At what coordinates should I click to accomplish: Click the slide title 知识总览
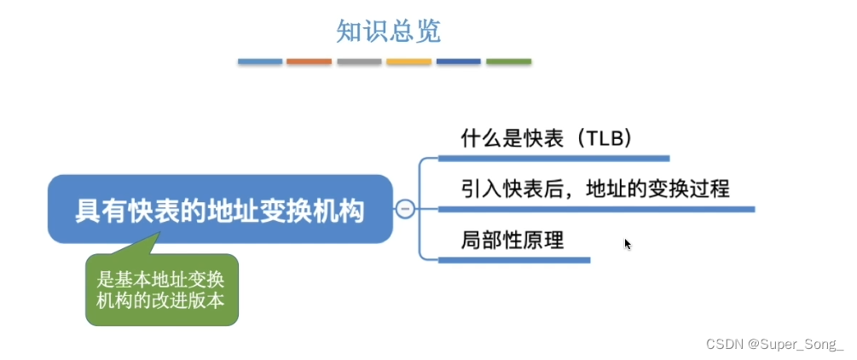pos(388,32)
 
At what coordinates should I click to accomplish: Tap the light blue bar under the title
pos(260,61)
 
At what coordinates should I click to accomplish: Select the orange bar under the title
pos(309,61)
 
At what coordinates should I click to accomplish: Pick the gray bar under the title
pos(359,61)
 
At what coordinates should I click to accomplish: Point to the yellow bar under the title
pos(408,61)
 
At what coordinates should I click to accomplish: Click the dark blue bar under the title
pos(459,61)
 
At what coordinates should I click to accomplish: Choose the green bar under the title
pos(508,61)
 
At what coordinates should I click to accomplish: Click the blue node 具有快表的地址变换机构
pos(220,210)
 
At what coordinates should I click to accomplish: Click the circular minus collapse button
pos(405,209)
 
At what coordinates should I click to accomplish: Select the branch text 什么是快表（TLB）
pos(546,139)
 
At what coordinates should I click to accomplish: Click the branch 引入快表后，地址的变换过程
pos(595,189)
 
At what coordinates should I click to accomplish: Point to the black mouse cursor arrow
pos(628,244)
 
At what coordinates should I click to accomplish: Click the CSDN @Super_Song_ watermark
pos(774,344)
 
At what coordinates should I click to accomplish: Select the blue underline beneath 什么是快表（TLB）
pos(553,158)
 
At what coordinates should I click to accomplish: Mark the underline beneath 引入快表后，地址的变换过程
pos(596,208)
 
